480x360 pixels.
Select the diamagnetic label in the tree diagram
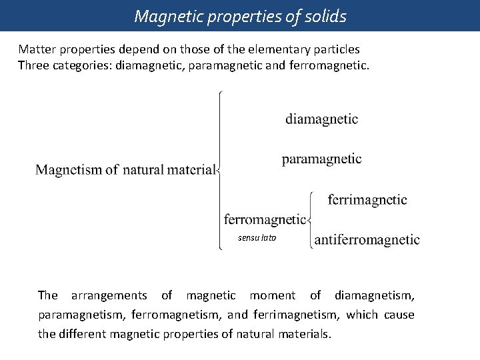321,119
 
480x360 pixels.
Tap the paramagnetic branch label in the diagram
321,159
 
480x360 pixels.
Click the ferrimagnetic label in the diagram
367,199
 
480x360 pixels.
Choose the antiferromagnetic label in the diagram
367,239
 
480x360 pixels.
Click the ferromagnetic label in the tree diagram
265,219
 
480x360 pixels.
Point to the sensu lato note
257,238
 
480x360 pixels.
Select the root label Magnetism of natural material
125,169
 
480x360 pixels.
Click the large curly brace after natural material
220,169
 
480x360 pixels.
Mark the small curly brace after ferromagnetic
311,219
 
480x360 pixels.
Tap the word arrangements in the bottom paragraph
109,295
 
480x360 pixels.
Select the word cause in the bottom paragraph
399,315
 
